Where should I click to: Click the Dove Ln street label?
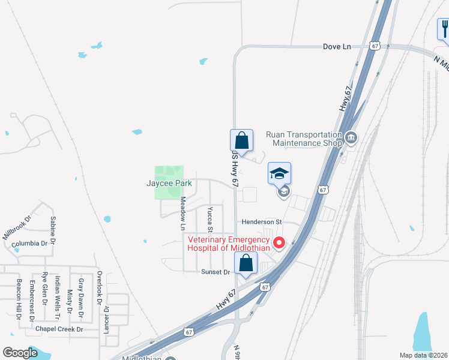pos(337,46)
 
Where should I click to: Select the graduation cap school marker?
pos(279,173)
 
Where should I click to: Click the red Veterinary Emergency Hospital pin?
pos(279,243)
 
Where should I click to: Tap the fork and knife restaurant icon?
pos(444,28)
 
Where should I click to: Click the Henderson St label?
pos(262,222)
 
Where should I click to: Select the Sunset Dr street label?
pos(215,272)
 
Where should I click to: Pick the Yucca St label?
pos(210,220)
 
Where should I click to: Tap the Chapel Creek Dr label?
pos(58,329)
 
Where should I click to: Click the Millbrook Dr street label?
pos(16,228)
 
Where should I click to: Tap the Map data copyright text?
pos(423,355)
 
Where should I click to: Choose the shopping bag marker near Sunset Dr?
pos(246,262)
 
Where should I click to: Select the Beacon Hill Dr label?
pos(19,299)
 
